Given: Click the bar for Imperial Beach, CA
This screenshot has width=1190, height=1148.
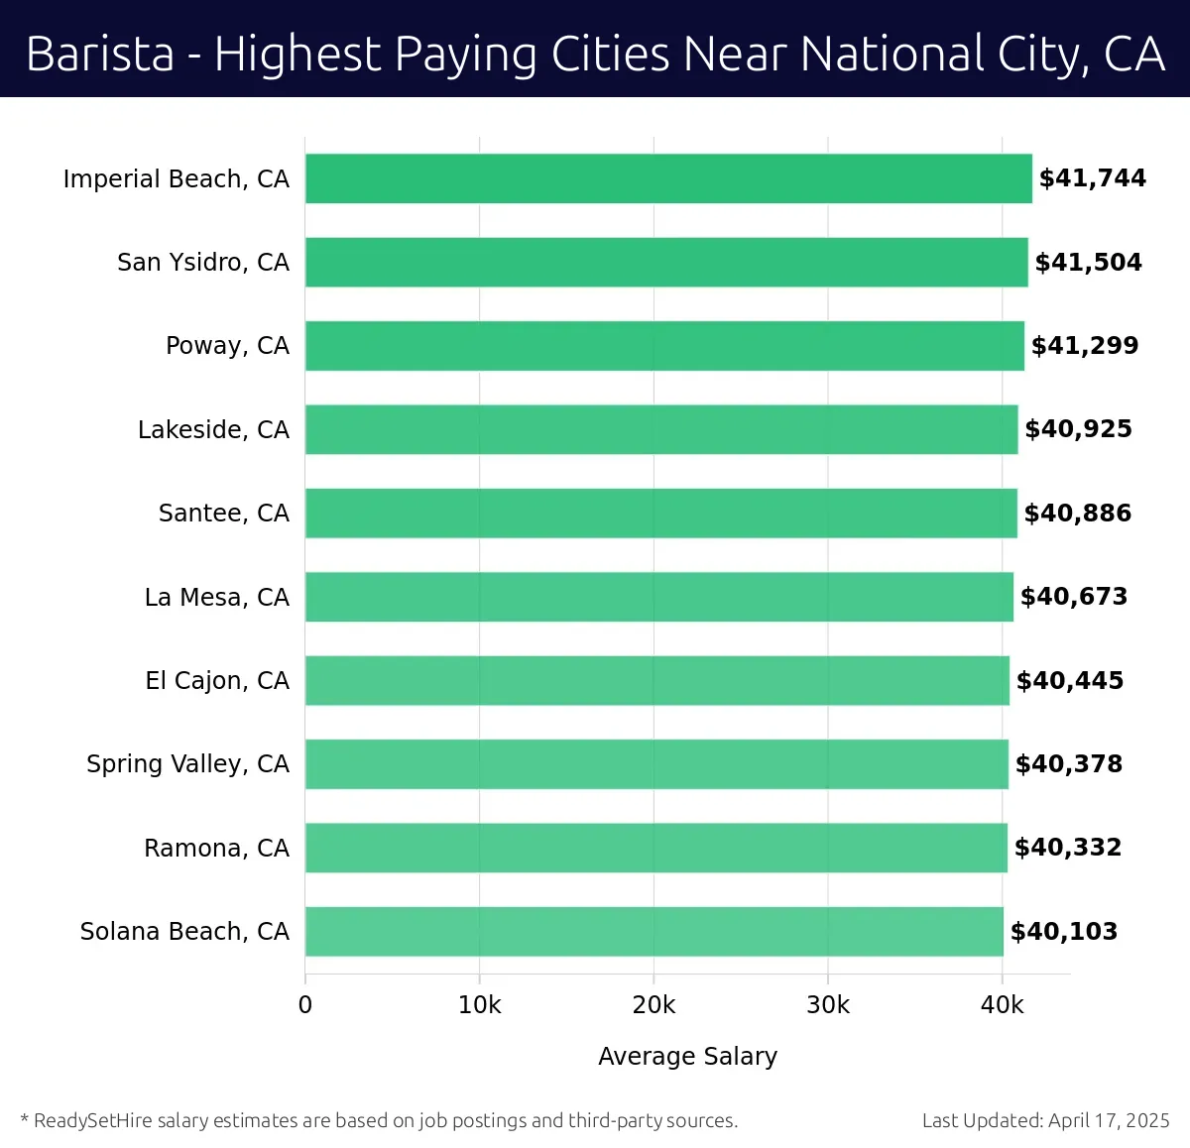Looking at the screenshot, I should tap(668, 178).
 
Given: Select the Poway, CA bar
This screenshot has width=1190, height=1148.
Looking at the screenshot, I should tap(664, 346).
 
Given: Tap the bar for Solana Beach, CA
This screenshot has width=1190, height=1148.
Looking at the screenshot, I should tap(654, 932).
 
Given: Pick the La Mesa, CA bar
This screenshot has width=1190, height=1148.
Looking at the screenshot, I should tap(659, 597).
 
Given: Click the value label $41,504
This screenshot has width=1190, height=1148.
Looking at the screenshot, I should tap(1088, 263).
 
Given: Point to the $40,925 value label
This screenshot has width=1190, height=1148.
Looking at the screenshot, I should tap(1078, 429).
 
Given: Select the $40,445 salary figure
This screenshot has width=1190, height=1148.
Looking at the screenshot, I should tap(1070, 681).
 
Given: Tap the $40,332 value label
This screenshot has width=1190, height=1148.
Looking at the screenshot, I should tap(1068, 848).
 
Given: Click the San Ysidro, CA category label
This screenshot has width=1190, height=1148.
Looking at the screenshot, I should tap(203, 263).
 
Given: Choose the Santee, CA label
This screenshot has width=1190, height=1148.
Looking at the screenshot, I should tap(224, 514).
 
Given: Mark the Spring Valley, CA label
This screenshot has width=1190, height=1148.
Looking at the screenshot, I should tap(187, 764).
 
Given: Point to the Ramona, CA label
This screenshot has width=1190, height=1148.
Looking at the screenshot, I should tap(216, 849).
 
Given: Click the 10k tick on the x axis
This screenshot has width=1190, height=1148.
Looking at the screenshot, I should tap(479, 1005).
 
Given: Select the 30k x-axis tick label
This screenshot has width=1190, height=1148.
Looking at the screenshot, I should tap(828, 1005).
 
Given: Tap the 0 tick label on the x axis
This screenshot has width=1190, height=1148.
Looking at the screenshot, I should tap(305, 1005).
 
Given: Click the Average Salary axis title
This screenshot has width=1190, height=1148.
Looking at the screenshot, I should tap(687, 1057).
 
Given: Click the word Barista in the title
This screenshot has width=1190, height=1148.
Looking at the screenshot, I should tap(100, 54).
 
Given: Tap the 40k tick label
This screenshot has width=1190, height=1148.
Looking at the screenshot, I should tap(1002, 1005).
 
